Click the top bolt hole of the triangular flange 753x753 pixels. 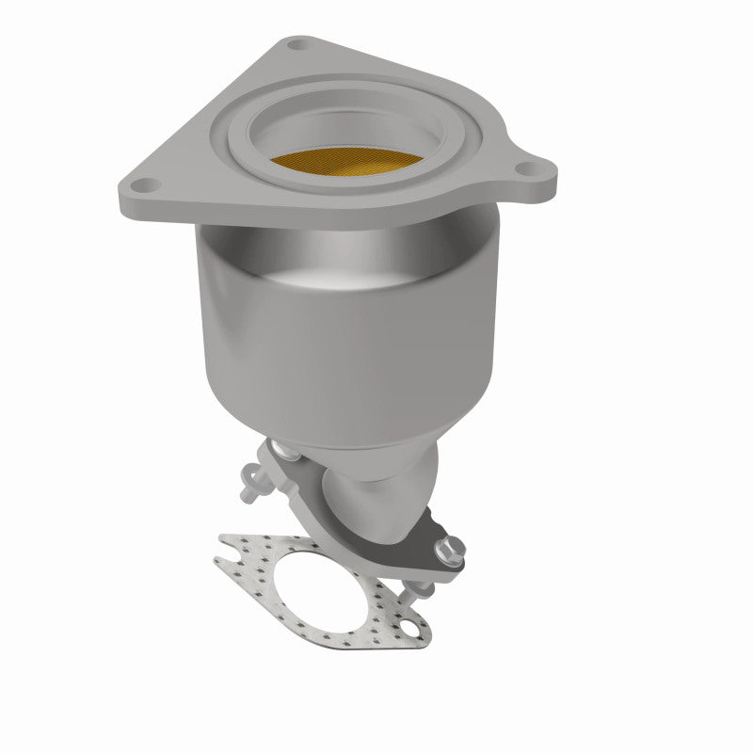coord(298,44)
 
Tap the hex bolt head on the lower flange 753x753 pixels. coord(448,546)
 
